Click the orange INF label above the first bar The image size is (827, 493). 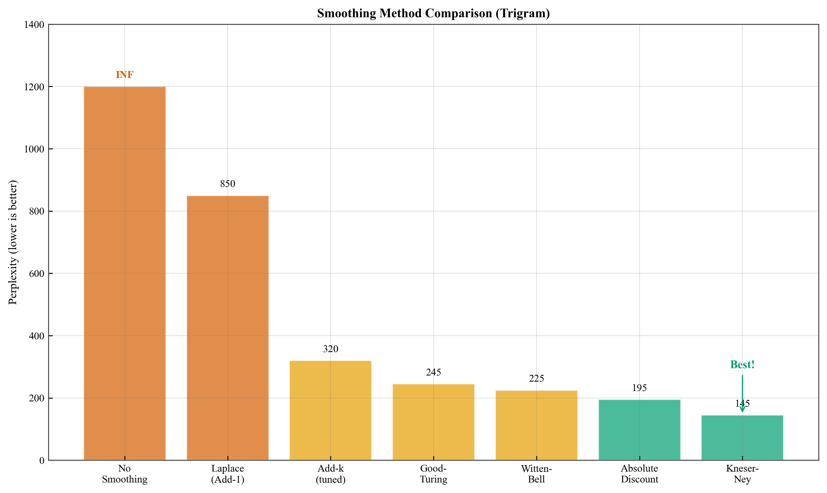[x=124, y=75]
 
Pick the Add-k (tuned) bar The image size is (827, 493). [x=331, y=410]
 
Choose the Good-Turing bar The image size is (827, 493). [x=434, y=422]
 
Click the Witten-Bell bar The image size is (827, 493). [x=536, y=425]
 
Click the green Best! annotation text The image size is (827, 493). [x=742, y=365]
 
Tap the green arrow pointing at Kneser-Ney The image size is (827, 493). [x=742, y=394]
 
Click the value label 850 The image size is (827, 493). [x=227, y=184]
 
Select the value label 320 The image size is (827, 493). [x=331, y=349]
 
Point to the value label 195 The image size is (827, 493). [x=639, y=388]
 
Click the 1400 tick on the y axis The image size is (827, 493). [x=34, y=25]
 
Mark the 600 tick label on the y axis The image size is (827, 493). [x=36, y=274]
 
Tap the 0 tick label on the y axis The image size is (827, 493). [x=42, y=460]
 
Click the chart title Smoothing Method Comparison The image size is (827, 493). [x=434, y=13]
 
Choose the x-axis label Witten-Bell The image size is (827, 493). [x=536, y=474]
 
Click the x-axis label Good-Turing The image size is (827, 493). [x=434, y=474]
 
